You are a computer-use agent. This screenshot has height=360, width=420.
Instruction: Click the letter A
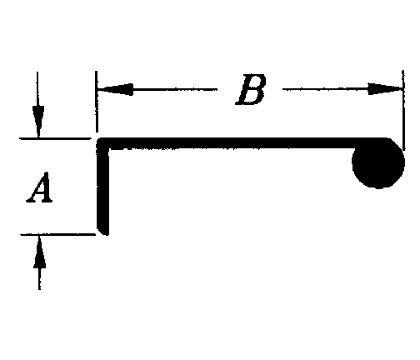[39, 187]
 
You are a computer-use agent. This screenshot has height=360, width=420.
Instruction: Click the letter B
[251, 89]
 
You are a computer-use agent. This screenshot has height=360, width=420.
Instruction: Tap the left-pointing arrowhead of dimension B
[115, 89]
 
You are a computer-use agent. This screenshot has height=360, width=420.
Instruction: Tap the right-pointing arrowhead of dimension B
[386, 88]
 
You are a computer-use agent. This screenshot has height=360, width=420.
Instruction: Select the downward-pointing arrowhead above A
[38, 122]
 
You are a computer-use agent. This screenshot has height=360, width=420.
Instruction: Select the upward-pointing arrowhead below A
[39, 252]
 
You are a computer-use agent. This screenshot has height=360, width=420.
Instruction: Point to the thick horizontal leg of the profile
[242, 143]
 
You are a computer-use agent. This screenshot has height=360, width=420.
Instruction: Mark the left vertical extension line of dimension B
[97, 102]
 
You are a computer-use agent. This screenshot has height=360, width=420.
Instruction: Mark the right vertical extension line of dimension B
[403, 110]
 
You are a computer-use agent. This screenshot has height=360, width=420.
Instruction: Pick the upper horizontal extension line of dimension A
[55, 138]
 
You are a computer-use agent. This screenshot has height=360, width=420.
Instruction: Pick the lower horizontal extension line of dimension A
[57, 235]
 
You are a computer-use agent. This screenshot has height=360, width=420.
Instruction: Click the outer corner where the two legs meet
[97, 138]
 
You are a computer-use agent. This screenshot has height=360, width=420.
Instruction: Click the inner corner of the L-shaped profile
[109, 149]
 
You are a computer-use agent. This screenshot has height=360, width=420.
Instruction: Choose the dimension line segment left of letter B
[157, 89]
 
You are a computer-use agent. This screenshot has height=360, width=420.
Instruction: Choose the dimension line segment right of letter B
[342, 89]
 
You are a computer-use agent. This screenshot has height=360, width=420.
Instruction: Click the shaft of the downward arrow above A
[37, 89]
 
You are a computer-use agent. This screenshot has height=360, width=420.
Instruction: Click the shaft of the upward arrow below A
[39, 279]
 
